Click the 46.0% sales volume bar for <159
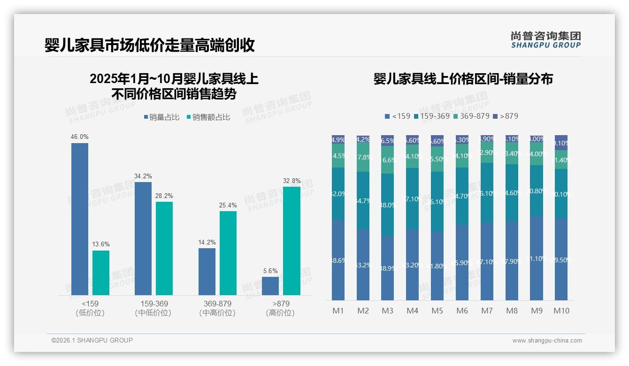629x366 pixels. point(80,219)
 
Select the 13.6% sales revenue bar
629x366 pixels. point(101,273)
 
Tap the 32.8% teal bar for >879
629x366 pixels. point(291,241)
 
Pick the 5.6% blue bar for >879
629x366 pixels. point(270,286)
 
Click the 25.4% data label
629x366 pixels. point(228,205)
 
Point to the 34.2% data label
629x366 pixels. point(143,176)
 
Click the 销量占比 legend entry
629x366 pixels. point(161,117)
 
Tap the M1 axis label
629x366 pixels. point(338,311)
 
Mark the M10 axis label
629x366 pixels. point(561,311)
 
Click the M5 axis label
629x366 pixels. point(437,311)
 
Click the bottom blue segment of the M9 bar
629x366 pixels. point(537,258)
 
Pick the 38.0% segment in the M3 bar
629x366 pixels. point(387,205)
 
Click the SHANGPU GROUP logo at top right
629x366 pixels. point(546,40)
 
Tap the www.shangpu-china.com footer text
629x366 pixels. point(547,341)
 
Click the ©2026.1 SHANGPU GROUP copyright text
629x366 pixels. point(92,340)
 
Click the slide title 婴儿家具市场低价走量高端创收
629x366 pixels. point(150,46)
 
